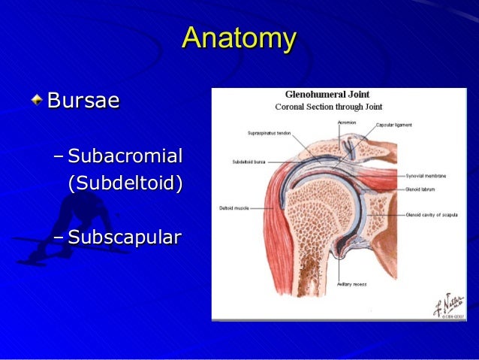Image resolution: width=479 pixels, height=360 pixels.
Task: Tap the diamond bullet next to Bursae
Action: (38, 99)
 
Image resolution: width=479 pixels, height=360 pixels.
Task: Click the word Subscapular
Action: (124, 238)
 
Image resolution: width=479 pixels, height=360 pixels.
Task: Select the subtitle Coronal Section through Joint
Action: (328, 107)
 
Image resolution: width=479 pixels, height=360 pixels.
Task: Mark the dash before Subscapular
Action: (59, 238)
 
